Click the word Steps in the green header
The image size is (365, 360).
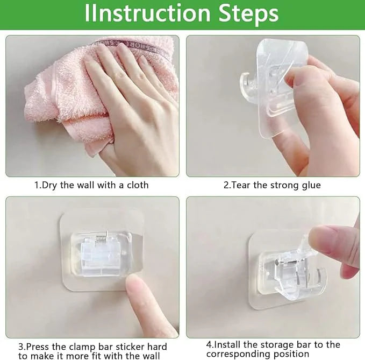[248, 13]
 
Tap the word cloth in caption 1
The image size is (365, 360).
[138, 185]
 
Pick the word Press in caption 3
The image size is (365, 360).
[38, 347]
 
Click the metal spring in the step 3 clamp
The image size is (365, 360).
[102, 239]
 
